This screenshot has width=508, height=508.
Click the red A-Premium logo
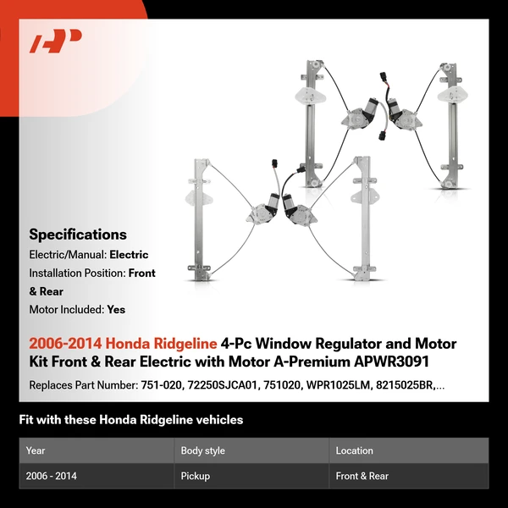(56, 41)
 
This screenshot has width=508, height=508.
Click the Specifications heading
(78, 235)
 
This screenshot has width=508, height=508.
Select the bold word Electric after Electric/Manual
(129, 255)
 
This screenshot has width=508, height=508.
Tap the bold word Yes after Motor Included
(116, 310)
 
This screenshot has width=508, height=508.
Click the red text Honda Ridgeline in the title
(161, 344)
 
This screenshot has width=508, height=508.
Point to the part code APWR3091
(391, 362)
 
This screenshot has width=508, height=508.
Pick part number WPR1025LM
(338, 385)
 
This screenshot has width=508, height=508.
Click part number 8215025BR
(405, 385)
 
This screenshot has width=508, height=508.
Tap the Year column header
(36, 450)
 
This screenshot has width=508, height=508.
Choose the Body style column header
(203, 450)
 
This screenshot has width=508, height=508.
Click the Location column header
(354, 450)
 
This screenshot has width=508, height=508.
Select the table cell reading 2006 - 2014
(51, 476)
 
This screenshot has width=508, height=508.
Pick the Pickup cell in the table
(196, 476)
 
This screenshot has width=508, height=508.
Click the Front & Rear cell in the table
(362, 476)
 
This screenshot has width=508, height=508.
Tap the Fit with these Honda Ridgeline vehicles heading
(131, 420)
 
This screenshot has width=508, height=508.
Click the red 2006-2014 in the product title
(65, 344)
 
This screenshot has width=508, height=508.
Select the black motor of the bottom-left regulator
(272, 203)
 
